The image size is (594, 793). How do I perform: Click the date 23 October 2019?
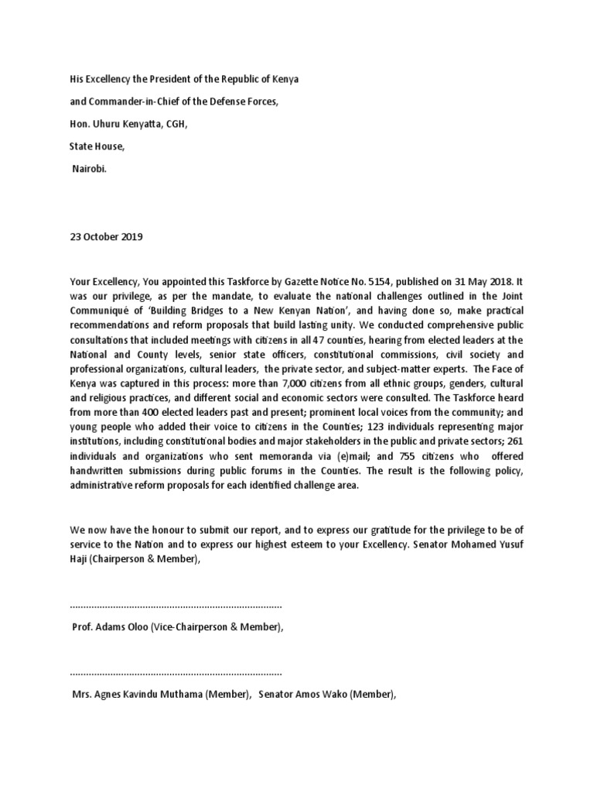106,237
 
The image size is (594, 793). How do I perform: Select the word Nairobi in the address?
90,166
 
